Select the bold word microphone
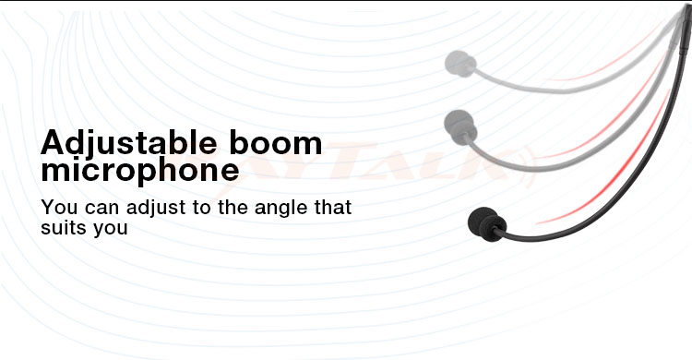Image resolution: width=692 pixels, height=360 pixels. pos(139,171)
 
